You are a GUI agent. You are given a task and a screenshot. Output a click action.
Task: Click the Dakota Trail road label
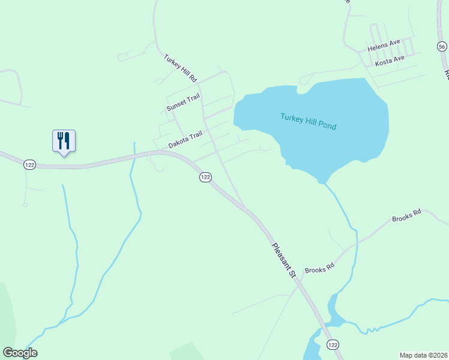click(185, 141)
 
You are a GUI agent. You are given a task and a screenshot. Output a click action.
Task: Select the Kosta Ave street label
click(390, 61)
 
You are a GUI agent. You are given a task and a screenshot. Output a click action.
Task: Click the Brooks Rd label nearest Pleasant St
click(319, 269)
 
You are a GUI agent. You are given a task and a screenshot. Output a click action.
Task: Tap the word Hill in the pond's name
click(309, 119)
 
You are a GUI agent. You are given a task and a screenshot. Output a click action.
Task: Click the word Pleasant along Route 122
click(280, 255)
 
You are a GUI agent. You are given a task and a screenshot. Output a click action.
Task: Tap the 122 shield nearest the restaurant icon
click(28, 164)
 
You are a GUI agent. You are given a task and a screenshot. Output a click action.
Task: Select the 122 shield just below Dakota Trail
click(205, 176)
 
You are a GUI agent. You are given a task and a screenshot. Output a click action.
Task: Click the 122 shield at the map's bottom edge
click(333, 344)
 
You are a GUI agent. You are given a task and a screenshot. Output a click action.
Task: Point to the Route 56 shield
click(442, 47)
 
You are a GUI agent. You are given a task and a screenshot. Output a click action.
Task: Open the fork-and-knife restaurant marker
click(64, 142)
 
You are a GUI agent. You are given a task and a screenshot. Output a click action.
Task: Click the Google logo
click(20, 353)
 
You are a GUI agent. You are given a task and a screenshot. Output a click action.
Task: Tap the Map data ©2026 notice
click(423, 355)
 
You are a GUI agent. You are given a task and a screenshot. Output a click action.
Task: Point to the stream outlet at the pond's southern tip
click(324, 182)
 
